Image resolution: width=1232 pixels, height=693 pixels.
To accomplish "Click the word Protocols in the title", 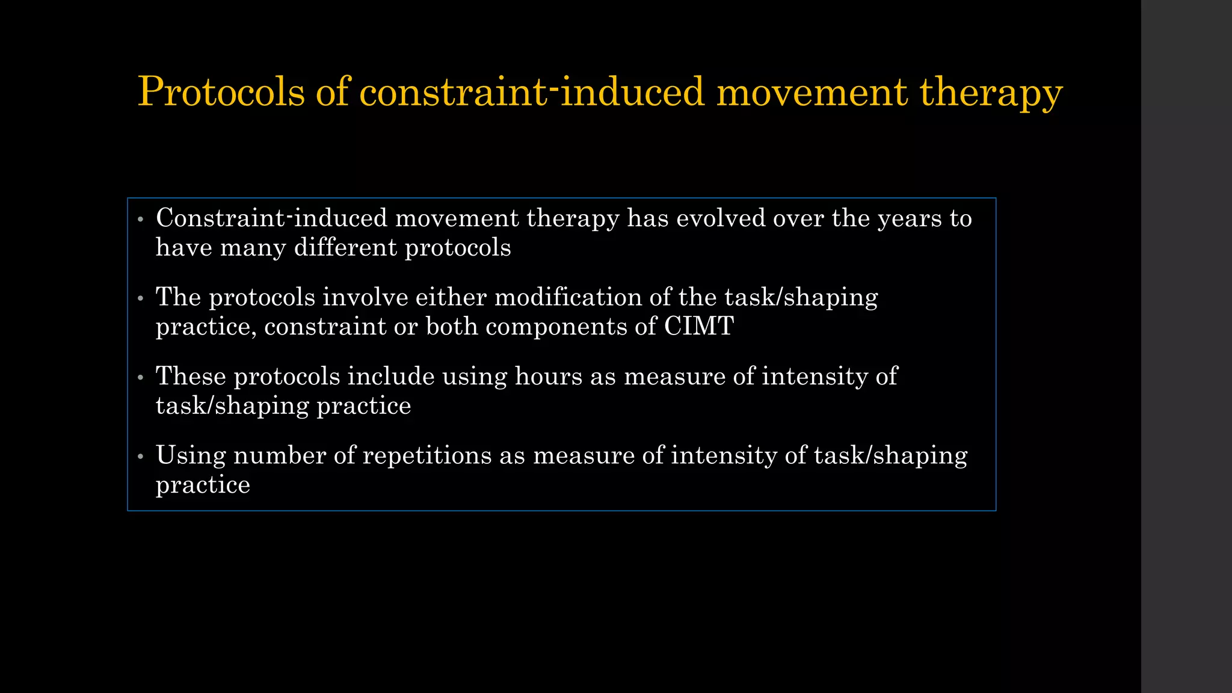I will (x=221, y=92).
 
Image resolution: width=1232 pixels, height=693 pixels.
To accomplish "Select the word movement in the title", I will (x=812, y=92).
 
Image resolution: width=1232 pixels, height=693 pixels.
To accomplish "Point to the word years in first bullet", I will (x=910, y=218).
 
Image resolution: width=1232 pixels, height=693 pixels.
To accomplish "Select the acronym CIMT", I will (x=698, y=327).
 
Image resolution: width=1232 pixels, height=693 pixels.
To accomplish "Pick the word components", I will (x=556, y=327).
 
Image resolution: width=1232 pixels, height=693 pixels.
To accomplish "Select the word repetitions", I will (x=427, y=455).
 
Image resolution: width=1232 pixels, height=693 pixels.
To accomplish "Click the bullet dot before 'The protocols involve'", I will (x=140, y=298).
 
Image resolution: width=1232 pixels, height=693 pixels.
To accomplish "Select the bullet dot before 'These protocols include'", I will (x=140, y=377).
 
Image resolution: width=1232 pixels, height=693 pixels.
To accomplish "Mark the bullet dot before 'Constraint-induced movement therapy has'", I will (x=140, y=219).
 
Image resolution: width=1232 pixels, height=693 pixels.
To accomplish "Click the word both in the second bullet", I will (x=452, y=327).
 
